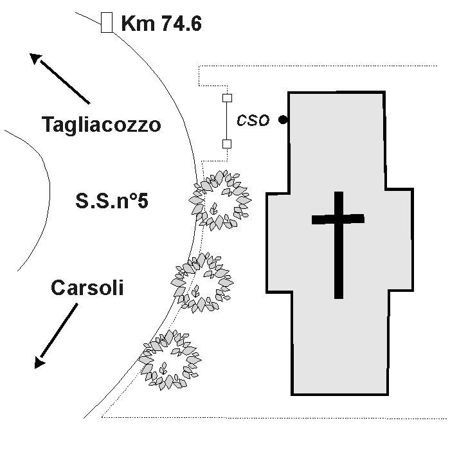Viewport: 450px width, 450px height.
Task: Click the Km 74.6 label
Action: tap(161, 23)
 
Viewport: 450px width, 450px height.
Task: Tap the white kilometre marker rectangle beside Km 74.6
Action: tap(107, 22)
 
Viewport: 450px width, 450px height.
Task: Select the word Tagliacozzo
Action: tap(102, 125)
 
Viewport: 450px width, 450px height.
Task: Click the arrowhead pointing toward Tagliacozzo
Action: tap(35, 58)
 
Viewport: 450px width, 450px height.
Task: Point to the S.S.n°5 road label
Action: tap(112, 201)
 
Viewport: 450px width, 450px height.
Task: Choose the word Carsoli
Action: tap(87, 287)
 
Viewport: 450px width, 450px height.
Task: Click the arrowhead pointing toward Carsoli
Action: tap(39, 362)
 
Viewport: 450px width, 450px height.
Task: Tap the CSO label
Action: tap(253, 120)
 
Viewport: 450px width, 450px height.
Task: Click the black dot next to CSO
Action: tap(283, 120)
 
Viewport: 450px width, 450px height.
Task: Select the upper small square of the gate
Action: tap(227, 98)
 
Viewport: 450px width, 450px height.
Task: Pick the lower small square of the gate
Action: tap(227, 144)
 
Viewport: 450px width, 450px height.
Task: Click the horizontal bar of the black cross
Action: tap(338, 219)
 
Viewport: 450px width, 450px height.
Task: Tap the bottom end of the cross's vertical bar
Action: tap(339, 298)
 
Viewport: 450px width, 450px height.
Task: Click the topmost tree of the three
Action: tap(220, 201)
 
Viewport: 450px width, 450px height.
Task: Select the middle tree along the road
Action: tap(202, 283)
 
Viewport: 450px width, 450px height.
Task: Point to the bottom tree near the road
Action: tap(170, 360)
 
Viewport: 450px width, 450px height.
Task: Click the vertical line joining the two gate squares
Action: tap(227, 121)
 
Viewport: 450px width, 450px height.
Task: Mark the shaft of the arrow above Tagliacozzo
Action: tap(65, 82)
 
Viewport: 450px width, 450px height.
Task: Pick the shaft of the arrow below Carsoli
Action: tap(59, 330)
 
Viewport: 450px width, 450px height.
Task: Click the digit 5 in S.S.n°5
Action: tap(143, 201)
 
